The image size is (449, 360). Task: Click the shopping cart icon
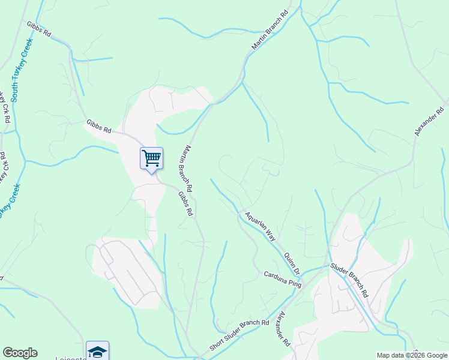tap(151, 159)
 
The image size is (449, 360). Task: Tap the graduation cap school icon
tap(97, 351)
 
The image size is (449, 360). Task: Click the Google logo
tap(20, 353)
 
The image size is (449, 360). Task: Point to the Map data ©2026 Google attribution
tap(412, 355)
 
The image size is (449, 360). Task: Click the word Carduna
tap(276, 277)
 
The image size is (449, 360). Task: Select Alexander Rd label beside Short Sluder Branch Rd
tap(284, 329)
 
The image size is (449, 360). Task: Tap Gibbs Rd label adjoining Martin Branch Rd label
tap(185, 203)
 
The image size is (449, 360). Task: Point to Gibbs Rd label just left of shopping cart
tap(99, 127)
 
